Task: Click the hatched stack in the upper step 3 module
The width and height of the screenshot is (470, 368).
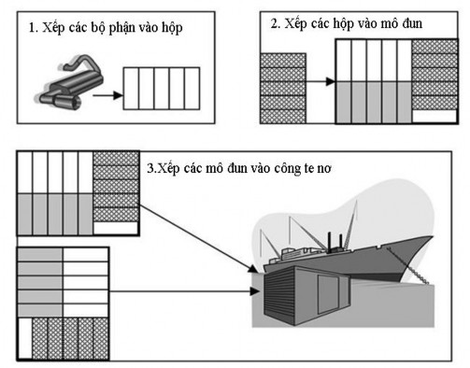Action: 115,187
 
